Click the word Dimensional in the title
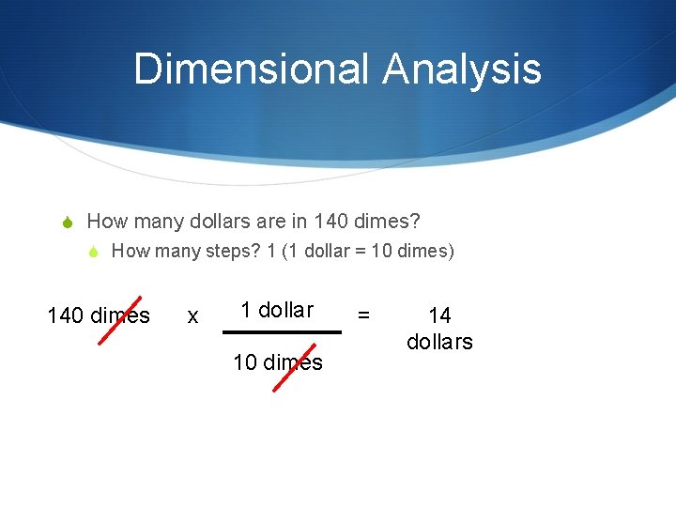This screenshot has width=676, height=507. tap(253, 69)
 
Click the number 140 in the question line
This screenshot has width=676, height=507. tap(331, 222)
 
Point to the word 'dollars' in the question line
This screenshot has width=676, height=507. tap(221, 222)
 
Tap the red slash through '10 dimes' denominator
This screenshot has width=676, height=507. tap(294, 361)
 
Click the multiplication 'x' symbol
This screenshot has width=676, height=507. tap(192, 316)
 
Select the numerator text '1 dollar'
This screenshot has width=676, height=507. tap(277, 310)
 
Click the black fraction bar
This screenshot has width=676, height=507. tap(282, 331)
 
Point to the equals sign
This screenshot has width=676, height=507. tap(365, 316)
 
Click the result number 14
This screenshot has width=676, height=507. tap(439, 316)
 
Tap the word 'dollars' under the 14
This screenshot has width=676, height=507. tap(439, 342)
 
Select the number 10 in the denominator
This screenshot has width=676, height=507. tap(244, 362)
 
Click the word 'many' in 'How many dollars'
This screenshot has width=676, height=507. tap(160, 222)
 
